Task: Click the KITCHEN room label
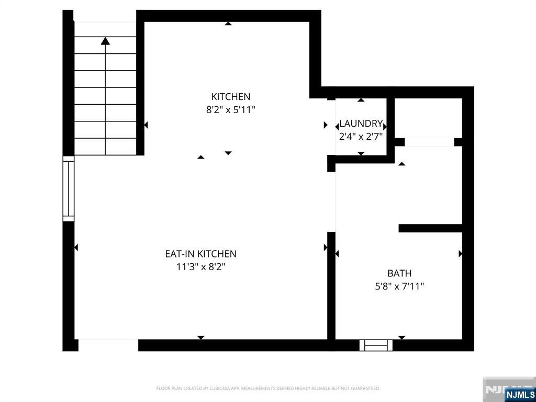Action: pos(230,96)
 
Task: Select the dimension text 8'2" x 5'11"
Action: pos(230,110)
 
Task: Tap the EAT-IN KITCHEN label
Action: pos(200,254)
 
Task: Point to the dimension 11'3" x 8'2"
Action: pos(200,267)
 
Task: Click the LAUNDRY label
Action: pos(361,124)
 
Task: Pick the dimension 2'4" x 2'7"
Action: pos(361,137)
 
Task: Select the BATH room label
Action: pos(399,273)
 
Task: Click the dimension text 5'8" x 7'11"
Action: pos(399,286)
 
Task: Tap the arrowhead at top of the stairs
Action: pos(106,40)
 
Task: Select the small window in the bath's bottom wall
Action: pos(375,345)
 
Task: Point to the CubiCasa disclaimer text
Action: pos(268,388)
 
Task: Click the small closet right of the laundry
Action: pos(428,118)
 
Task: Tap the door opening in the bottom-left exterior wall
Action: pos(108,345)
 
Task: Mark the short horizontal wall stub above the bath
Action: pos(430,228)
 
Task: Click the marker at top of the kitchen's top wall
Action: pos(228,23)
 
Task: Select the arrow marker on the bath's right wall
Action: pos(461,254)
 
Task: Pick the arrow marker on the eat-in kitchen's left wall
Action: pos(76,248)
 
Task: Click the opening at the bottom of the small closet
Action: pos(429,142)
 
